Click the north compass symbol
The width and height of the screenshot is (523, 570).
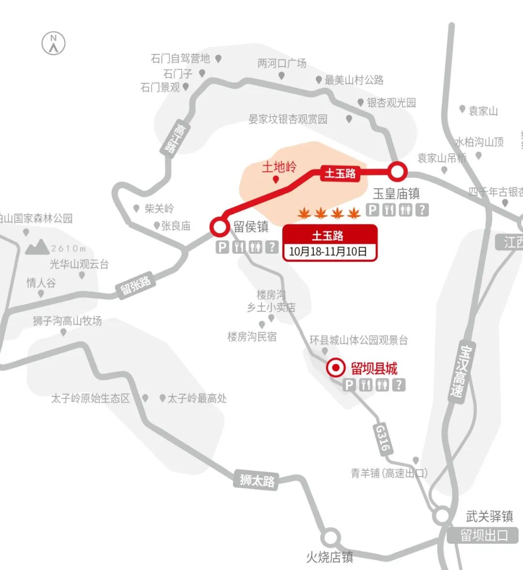[53, 43]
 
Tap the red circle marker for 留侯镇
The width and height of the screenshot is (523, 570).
[218, 226]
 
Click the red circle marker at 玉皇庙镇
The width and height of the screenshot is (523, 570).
[397, 171]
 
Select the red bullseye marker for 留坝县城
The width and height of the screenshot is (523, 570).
[335, 368]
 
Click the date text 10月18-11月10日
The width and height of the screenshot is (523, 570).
[328, 251]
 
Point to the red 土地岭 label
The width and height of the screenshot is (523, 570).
[279, 167]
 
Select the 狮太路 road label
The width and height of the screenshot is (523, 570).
[257, 480]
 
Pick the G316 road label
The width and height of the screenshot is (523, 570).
[382, 438]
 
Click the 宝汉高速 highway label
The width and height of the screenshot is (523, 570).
[460, 370]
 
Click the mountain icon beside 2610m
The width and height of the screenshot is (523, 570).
[37, 247]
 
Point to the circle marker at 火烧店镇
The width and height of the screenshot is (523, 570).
[331, 537]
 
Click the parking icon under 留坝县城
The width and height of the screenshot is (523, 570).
[349, 385]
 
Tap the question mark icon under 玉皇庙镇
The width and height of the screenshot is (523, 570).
[422, 210]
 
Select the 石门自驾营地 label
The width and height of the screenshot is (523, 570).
[180, 59]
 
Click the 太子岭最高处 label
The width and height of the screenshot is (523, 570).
[197, 399]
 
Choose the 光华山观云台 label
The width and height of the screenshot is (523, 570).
[79, 264]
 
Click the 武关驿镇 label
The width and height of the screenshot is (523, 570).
[489, 516]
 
